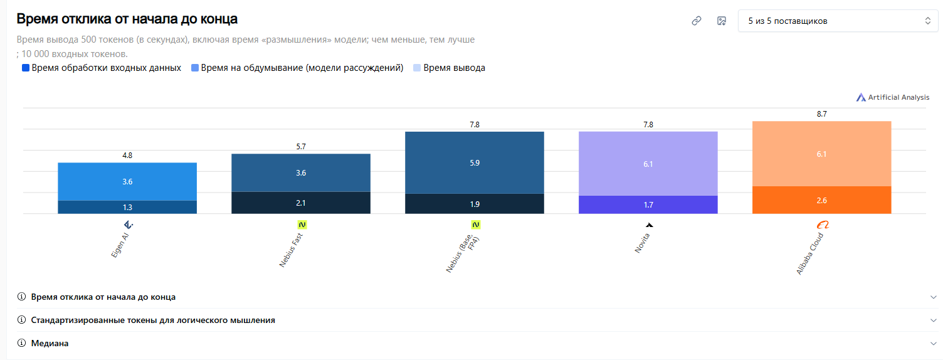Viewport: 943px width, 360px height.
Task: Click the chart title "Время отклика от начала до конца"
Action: tap(127, 19)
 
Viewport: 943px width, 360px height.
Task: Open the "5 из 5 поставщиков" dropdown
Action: tap(838, 21)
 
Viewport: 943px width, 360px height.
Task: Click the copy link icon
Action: tap(696, 21)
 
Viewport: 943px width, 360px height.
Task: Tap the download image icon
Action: tap(722, 21)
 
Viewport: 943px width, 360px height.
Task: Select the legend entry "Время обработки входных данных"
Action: tap(102, 68)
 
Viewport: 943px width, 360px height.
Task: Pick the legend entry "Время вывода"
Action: tap(449, 68)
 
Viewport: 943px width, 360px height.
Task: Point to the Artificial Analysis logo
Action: tap(893, 97)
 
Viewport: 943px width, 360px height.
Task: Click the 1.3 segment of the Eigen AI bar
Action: tap(127, 207)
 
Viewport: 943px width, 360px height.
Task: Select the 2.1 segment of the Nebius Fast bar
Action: tap(301, 203)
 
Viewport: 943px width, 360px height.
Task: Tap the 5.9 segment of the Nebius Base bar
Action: tap(475, 163)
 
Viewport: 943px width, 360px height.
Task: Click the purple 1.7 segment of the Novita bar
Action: tap(648, 204)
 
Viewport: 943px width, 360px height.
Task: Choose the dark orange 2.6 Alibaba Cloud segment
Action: tap(821, 200)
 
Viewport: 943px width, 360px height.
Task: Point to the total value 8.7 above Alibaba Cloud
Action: tap(821, 114)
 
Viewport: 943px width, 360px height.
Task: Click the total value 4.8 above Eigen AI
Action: tap(127, 156)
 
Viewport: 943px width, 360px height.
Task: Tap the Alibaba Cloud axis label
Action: tap(810, 253)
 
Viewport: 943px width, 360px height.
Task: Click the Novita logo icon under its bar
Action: tap(649, 225)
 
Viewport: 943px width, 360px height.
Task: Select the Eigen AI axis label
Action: tap(120, 245)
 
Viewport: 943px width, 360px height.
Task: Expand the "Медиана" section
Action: tap(50, 343)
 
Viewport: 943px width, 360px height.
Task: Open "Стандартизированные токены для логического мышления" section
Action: tap(153, 320)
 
